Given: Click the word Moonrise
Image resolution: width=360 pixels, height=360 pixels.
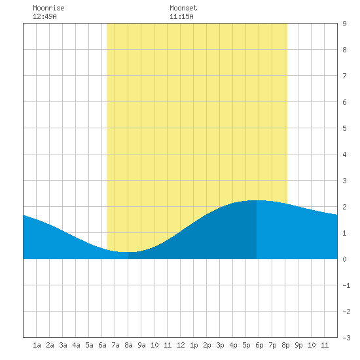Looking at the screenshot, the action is [48, 8].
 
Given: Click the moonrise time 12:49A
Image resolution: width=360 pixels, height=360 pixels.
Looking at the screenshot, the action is [45, 16].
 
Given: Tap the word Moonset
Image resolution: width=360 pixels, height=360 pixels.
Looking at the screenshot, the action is [183, 8].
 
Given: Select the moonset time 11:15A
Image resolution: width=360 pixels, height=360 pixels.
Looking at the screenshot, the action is [181, 16].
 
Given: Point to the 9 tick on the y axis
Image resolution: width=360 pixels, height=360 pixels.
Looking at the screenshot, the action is [344, 24].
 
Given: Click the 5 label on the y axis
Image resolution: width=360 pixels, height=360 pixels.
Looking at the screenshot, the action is [344, 128].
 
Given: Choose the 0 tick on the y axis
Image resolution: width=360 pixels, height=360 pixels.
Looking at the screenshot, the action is [344, 259].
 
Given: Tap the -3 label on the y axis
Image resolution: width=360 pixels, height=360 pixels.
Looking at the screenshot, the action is [346, 338].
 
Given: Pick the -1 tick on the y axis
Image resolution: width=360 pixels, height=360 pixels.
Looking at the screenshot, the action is [346, 285].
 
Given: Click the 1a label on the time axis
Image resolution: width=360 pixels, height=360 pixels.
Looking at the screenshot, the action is [37, 345].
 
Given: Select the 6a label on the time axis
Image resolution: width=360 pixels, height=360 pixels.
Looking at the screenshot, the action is [102, 345].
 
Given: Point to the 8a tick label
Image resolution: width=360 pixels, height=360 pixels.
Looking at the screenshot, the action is [128, 345].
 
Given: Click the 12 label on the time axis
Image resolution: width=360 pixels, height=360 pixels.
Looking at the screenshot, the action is [181, 345].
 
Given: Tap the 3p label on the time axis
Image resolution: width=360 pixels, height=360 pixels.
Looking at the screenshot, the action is [220, 345].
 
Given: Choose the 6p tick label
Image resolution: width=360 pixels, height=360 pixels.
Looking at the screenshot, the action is [259, 345].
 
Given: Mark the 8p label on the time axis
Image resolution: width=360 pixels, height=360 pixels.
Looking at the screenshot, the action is [285, 345].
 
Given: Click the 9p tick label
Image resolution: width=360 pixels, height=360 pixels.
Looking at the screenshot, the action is [298, 345].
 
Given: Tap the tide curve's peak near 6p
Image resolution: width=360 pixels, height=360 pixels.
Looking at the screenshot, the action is [257, 200].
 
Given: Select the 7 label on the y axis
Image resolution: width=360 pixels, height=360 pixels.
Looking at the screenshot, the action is [344, 76].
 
